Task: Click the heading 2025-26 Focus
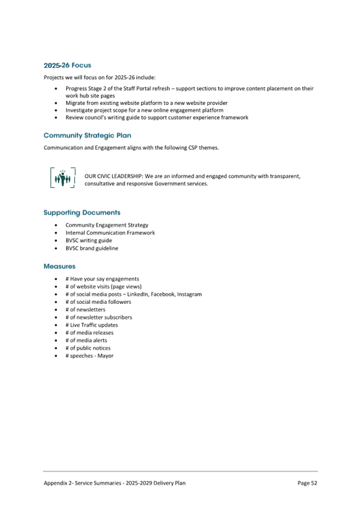67,66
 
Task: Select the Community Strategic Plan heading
87,135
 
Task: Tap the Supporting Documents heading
82,213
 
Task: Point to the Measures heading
59,266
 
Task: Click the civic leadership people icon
63,179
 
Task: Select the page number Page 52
307,483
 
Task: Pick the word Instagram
189,294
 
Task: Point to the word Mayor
106,356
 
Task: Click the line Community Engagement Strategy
107,225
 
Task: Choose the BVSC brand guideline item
92,248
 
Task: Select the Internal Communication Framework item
110,232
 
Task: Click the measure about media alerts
86,340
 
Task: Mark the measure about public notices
88,348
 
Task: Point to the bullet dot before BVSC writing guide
57,240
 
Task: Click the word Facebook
162,294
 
